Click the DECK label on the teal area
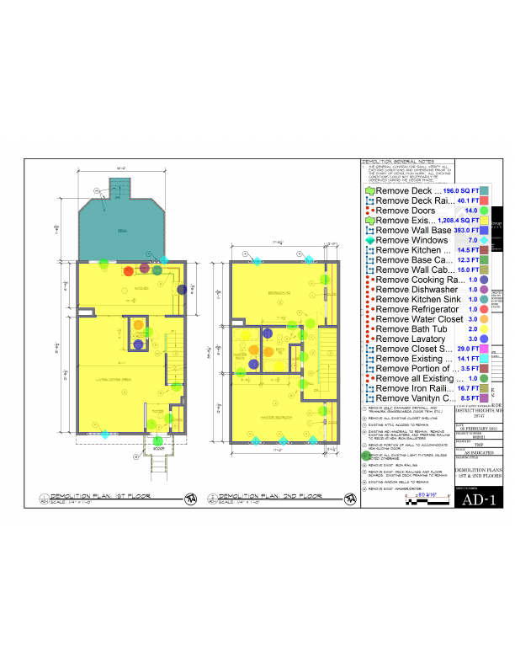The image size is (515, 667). [123, 228]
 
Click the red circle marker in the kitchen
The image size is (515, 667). [128, 271]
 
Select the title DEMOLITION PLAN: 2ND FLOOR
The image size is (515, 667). [252, 497]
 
